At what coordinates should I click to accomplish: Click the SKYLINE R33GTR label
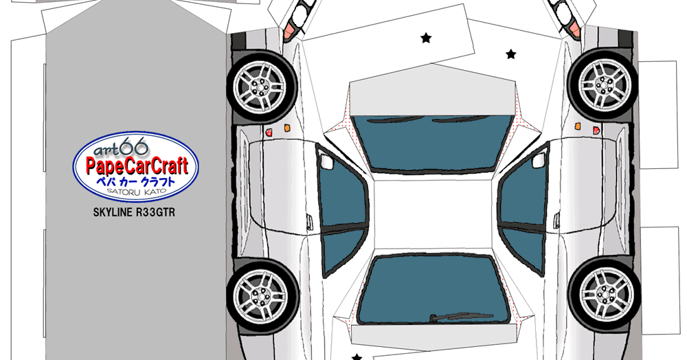pos(134,213)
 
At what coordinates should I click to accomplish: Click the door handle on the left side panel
pos(309,222)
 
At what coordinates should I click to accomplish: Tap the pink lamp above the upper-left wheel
pos(289,31)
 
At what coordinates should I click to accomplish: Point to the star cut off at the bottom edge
pos(357,357)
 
